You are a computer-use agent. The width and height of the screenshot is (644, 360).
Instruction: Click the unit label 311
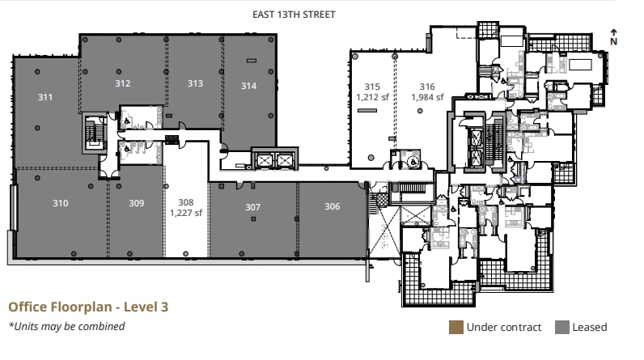pyautogui.click(x=45, y=97)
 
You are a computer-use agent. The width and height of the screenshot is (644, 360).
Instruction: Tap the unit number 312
pyautogui.click(x=123, y=83)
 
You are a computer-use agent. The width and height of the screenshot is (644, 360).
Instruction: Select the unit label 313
pyautogui.click(x=195, y=83)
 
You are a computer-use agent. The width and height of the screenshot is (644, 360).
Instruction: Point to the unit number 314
pyautogui.click(x=248, y=86)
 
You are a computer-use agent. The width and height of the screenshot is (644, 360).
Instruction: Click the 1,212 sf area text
pyautogui.click(x=372, y=97)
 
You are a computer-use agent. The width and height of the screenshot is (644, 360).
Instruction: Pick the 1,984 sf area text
pyautogui.click(x=427, y=97)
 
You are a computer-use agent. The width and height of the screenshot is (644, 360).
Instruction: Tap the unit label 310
pyautogui.click(x=61, y=203)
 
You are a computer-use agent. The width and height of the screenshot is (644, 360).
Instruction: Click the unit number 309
pyautogui.click(x=136, y=203)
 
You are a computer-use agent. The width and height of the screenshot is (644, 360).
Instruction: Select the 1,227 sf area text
pyautogui.click(x=186, y=214)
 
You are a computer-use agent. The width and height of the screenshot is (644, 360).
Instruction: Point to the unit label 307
pyautogui.click(x=253, y=207)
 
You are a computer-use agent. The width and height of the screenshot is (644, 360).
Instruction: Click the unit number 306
pyautogui.click(x=333, y=206)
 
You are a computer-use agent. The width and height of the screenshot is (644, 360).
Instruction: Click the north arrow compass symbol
pyautogui.click(x=614, y=36)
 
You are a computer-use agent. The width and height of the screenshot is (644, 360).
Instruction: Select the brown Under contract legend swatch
pyautogui.click(x=456, y=328)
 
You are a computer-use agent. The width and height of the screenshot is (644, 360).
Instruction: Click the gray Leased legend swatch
pyautogui.click(x=562, y=328)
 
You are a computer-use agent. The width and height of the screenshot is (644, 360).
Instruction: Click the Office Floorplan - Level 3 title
pyautogui.click(x=88, y=307)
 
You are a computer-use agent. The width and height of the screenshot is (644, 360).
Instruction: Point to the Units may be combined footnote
pyautogui.click(x=66, y=327)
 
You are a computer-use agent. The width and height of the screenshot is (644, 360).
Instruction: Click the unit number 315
pyautogui.click(x=372, y=87)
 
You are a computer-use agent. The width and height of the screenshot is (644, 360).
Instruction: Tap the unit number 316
pyautogui.click(x=427, y=87)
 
